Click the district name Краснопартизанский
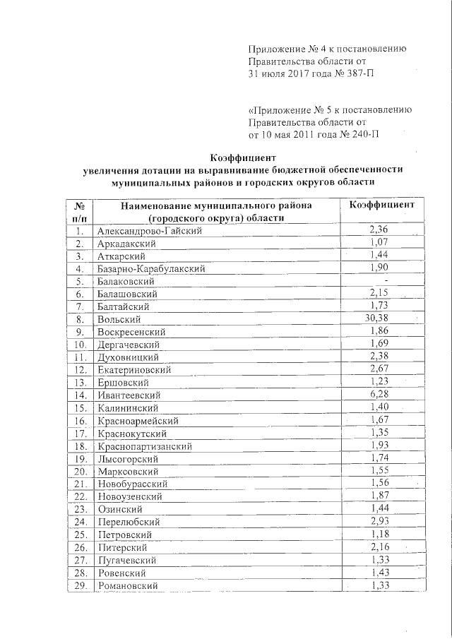[x=145, y=446]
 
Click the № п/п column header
[x=80, y=211]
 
